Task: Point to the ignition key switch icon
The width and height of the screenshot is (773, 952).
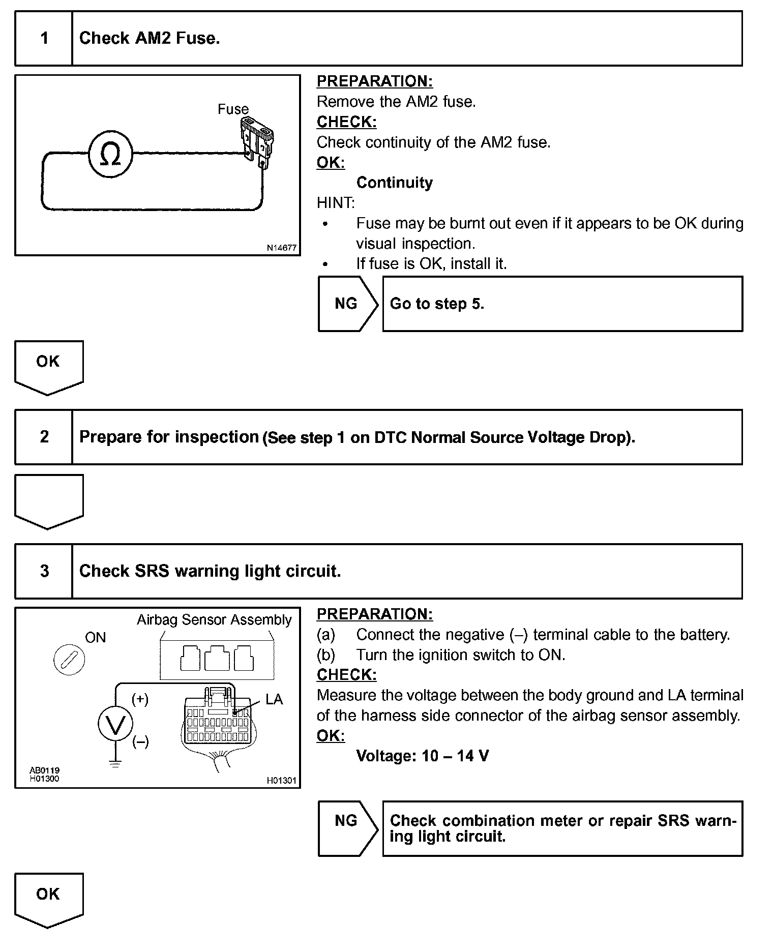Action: [69, 660]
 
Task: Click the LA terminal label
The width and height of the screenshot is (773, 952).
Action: [274, 700]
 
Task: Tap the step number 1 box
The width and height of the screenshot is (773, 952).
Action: [44, 39]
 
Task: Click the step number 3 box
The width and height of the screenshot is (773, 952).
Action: [44, 571]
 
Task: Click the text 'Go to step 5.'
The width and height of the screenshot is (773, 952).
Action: [437, 304]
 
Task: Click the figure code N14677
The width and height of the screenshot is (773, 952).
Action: [281, 248]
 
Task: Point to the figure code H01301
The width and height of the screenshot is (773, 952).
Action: [281, 781]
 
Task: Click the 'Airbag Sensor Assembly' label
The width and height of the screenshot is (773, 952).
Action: [214, 620]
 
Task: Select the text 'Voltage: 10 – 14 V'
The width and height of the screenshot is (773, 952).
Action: [423, 756]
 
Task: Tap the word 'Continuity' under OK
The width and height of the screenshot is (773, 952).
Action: [395, 183]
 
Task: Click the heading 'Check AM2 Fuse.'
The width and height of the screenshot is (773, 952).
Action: [150, 39]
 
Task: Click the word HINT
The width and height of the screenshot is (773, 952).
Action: [335, 203]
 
